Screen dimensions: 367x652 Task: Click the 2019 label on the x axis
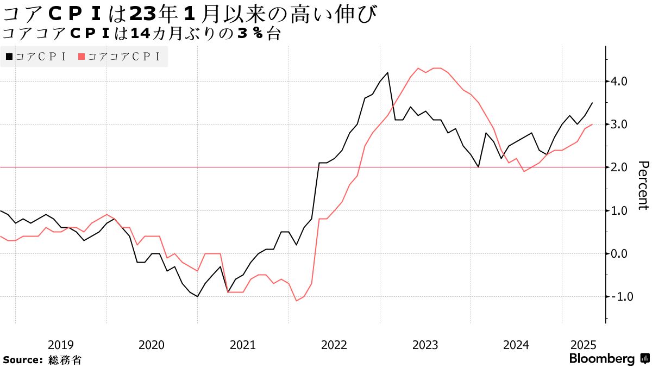[61, 345]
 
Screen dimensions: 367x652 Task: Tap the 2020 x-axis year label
[152, 345]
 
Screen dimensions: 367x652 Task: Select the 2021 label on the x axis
[243, 345]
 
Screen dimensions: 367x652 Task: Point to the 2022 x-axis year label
[334, 345]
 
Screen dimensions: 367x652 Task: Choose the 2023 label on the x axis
[425, 345]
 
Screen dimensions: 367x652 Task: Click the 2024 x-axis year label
[516, 345]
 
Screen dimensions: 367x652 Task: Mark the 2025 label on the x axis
[584, 345]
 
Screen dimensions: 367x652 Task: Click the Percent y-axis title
[643, 185]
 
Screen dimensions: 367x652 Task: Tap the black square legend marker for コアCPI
[9, 57]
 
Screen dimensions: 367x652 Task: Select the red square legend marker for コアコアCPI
[82, 57]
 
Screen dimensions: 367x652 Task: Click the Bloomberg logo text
[602, 359]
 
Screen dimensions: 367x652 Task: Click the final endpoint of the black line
[592, 103]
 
